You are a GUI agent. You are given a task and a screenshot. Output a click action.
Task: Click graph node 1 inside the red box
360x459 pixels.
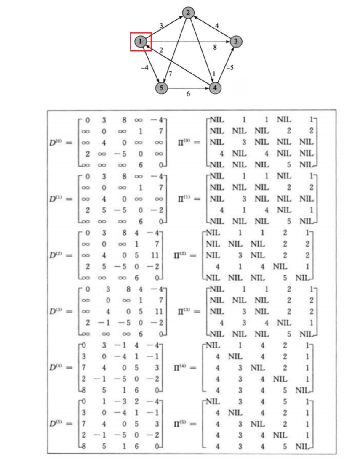(140, 41)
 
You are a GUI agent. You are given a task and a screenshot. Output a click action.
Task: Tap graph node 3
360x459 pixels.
(236, 41)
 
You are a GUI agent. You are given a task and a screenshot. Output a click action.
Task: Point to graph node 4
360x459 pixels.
(215, 88)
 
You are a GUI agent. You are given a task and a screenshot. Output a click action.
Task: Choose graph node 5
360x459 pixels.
(161, 88)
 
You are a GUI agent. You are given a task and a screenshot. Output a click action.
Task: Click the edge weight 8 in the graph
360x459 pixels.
(215, 48)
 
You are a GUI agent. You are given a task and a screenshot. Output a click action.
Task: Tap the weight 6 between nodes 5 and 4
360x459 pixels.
(188, 94)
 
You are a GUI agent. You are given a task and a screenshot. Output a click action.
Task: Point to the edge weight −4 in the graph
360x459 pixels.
(144, 67)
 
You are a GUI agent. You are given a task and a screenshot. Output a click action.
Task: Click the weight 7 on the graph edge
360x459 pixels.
(170, 74)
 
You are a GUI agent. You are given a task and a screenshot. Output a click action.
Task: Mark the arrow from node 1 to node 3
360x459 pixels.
(189, 41)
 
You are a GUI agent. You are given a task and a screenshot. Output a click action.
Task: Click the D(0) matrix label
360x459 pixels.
(59, 143)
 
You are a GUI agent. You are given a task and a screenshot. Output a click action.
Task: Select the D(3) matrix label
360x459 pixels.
(59, 312)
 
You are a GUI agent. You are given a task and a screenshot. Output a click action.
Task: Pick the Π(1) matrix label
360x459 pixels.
(187, 199)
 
